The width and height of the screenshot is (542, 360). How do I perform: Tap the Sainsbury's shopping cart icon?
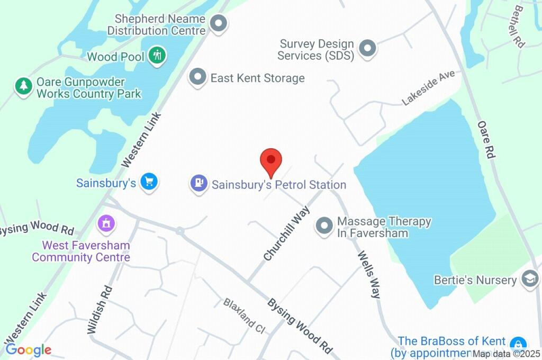tap(149, 183)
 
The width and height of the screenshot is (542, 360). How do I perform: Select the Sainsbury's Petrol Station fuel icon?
tap(199, 184)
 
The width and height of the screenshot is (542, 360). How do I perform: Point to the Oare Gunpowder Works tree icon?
tap(23, 86)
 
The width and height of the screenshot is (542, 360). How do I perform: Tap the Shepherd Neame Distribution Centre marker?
tap(218, 23)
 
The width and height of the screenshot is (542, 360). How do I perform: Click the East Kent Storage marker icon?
tap(198, 77)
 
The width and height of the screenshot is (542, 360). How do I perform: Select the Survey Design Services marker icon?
tap(367, 49)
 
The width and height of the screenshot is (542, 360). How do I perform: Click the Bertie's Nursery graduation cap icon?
tap(529, 278)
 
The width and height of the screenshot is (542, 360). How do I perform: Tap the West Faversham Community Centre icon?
tap(106, 223)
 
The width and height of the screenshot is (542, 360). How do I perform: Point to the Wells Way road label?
tap(369, 274)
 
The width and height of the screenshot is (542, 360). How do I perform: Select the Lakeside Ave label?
tap(428, 88)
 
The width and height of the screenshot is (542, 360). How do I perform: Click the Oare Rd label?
tap(486, 139)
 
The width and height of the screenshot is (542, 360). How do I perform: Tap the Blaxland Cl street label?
tap(244, 316)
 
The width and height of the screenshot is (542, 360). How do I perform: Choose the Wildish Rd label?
tap(100, 310)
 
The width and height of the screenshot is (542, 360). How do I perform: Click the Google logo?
tap(28, 349)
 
